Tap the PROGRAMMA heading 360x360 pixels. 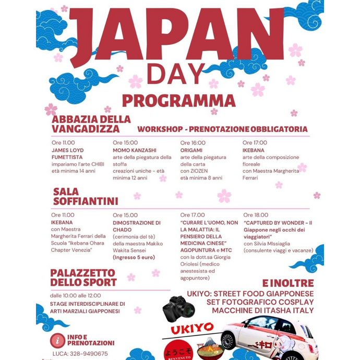178,100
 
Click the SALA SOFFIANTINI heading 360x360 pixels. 85,196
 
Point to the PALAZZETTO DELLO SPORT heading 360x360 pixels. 83,278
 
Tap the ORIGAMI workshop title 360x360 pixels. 191,150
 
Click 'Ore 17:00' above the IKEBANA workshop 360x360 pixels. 255,142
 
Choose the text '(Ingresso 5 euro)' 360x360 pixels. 134,257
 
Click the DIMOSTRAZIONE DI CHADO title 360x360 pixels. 137,226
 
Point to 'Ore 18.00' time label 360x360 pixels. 256,215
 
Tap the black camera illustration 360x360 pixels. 178,310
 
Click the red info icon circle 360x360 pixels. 57,340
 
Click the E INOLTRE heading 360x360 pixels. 287,283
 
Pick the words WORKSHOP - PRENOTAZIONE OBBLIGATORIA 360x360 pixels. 222,129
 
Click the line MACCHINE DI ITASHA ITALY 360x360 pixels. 262,310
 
